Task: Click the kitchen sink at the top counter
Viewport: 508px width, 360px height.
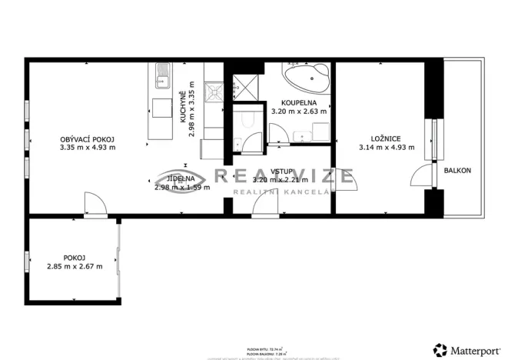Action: [163, 75]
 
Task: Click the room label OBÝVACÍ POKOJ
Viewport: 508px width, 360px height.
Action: [87, 139]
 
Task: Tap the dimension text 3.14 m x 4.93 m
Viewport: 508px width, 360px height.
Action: [387, 148]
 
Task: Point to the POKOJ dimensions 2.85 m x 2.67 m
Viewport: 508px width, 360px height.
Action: [75, 267]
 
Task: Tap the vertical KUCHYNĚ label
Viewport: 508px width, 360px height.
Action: [183, 108]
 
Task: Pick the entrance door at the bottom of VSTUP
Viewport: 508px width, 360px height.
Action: [265, 208]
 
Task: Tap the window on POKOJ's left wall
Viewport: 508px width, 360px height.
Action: [27, 262]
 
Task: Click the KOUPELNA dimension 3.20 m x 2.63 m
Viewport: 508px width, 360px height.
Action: [299, 111]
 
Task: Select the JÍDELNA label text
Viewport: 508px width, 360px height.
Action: [181, 178]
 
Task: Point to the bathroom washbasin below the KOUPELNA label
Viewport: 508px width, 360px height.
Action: [305, 138]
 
